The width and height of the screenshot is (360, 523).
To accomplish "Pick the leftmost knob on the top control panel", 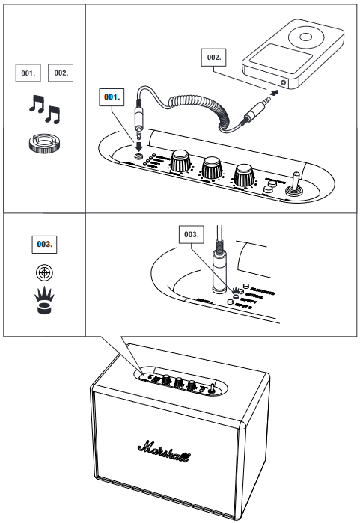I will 180,160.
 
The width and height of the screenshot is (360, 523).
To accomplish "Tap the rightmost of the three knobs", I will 244,175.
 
